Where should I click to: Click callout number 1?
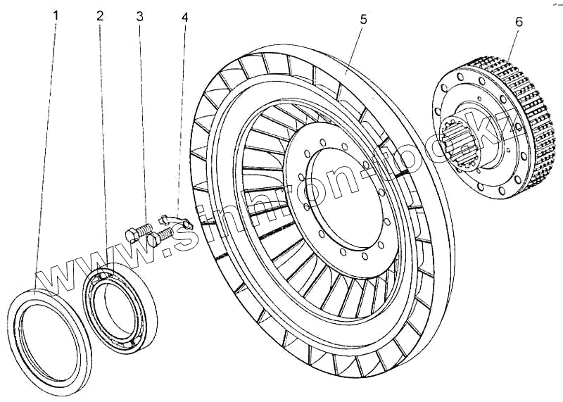click(x=57, y=14)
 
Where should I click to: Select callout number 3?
click(x=140, y=14)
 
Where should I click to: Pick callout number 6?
click(x=519, y=21)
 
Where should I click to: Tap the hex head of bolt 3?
click(x=132, y=234)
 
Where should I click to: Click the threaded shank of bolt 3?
click(x=146, y=229)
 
